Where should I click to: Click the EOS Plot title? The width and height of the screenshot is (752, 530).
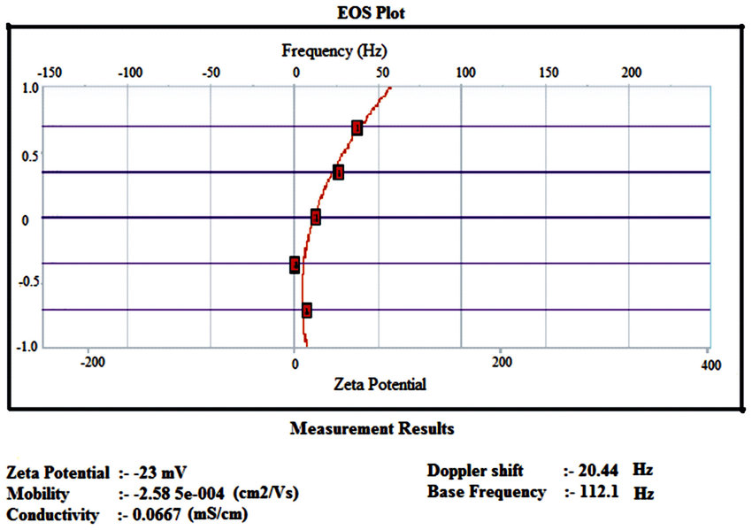[x=376, y=12]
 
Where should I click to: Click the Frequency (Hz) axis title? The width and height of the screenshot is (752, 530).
[x=334, y=50]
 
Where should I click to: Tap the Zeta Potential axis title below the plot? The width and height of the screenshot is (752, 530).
[x=380, y=384]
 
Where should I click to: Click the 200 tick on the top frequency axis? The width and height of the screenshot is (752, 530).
[x=631, y=72]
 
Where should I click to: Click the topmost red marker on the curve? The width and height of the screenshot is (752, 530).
[x=357, y=128]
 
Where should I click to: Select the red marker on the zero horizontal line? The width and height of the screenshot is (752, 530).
[x=316, y=218]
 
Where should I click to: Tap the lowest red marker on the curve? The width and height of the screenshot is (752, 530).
[x=307, y=311]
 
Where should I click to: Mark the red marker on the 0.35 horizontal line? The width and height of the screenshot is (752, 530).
[x=338, y=173]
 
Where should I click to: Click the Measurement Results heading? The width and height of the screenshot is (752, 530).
[x=372, y=429]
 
